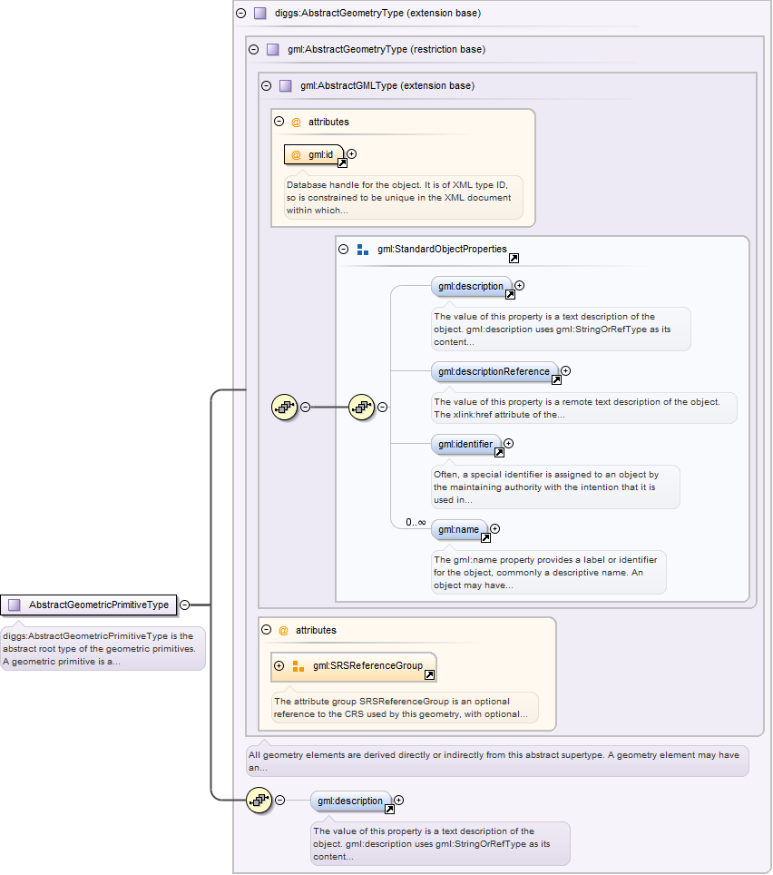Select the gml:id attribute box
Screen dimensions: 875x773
click(314, 155)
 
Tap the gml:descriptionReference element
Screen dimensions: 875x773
click(494, 371)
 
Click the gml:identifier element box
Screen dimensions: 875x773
click(465, 445)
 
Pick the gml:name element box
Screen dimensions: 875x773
click(458, 529)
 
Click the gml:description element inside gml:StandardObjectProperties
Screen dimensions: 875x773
click(470, 286)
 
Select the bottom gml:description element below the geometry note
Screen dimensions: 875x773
click(351, 801)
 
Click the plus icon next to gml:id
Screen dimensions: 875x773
click(352, 154)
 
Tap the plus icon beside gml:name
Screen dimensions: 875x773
click(494, 529)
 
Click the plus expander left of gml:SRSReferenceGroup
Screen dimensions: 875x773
click(279, 666)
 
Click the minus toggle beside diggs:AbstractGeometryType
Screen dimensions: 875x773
click(240, 14)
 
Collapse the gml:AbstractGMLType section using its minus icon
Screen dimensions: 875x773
click(267, 86)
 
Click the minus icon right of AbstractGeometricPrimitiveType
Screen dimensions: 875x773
click(185, 605)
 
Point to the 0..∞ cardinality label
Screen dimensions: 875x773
click(416, 522)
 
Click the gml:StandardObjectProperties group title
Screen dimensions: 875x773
click(442, 249)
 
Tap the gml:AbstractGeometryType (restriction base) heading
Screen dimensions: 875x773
click(386, 50)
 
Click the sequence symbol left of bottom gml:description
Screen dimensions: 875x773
click(259, 800)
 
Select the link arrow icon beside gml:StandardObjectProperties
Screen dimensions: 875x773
click(514, 259)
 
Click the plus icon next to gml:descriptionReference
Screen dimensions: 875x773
click(566, 370)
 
